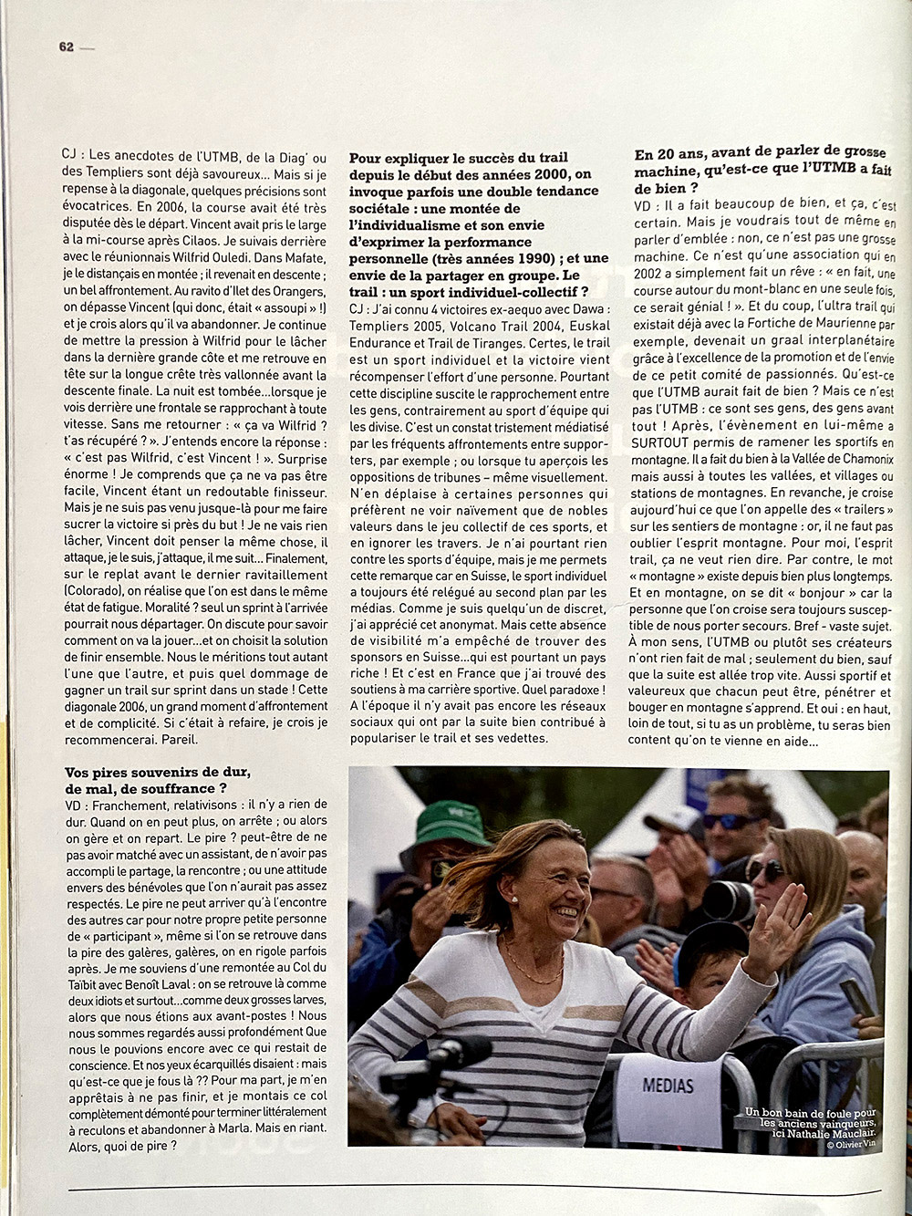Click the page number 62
click(x=66, y=47)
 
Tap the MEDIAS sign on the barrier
click(x=668, y=1086)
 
